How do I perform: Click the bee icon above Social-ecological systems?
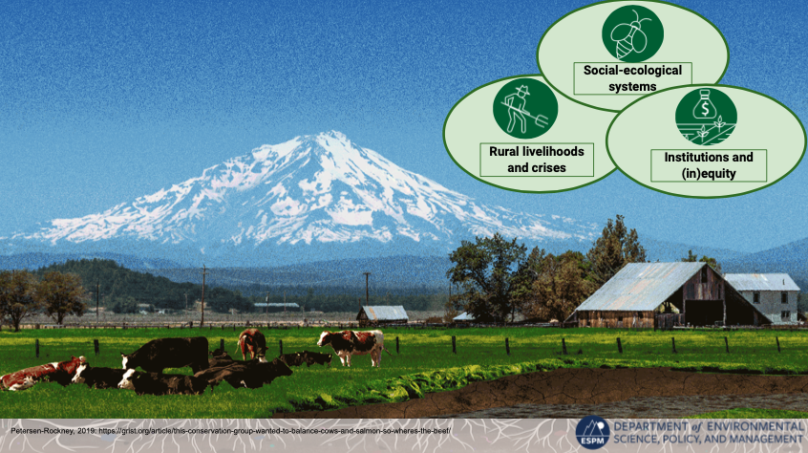coord(632,34)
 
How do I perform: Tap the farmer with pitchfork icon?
coord(525,108)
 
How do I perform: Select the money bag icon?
coord(706,117)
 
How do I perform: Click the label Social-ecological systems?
coord(632,78)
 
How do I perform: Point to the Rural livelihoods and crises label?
coord(537,160)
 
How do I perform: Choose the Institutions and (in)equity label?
coord(708,165)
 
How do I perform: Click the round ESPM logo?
coord(592,432)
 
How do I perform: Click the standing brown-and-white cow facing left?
coord(351,346)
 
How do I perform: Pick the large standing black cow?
coord(166,355)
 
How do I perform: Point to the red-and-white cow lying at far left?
coord(41,373)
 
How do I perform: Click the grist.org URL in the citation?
coord(275,431)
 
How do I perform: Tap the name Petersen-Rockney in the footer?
coord(42,431)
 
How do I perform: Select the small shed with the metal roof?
coord(382,314)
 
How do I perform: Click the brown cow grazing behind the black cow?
coord(252,344)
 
